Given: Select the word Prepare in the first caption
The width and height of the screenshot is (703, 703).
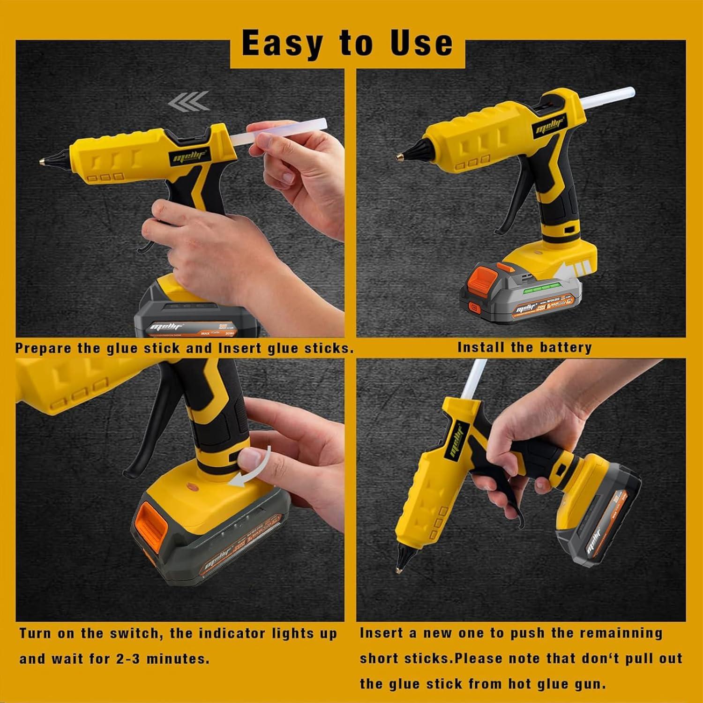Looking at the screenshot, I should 43,349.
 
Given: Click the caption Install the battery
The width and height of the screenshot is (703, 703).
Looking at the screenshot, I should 524,347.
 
